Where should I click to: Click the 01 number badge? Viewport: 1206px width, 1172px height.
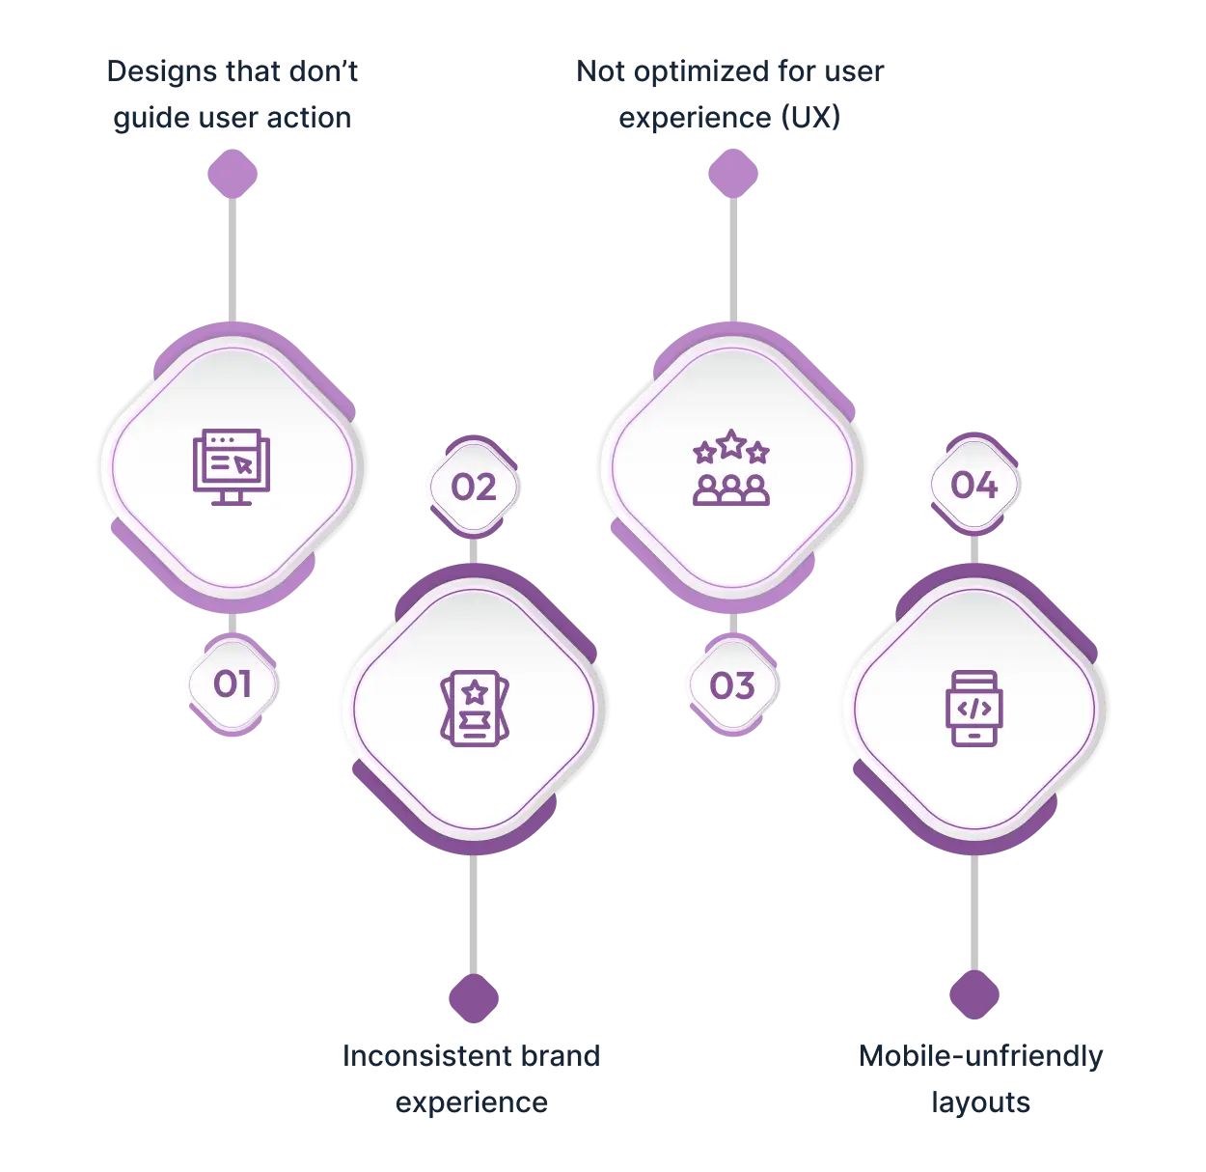click(x=233, y=684)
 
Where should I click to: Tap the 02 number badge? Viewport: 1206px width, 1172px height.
click(x=474, y=487)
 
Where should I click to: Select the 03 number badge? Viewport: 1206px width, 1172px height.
click(x=732, y=685)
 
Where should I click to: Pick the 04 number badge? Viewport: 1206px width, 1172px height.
click(x=974, y=485)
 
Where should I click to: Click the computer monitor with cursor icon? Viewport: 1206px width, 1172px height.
click(x=232, y=467)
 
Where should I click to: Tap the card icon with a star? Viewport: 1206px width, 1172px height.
click(x=474, y=709)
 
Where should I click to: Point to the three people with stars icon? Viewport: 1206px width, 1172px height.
click(x=731, y=467)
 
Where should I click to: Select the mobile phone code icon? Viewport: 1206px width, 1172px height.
click(x=974, y=709)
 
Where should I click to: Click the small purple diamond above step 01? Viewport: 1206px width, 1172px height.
click(x=233, y=174)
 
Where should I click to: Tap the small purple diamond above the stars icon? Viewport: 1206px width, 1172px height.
click(x=733, y=174)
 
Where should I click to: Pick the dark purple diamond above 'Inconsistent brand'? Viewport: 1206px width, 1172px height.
click(x=474, y=998)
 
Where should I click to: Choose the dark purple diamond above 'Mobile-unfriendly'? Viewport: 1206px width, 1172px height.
click(x=974, y=994)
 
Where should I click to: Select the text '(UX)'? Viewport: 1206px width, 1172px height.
click(x=810, y=117)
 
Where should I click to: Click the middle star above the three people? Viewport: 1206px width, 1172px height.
click(x=731, y=444)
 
